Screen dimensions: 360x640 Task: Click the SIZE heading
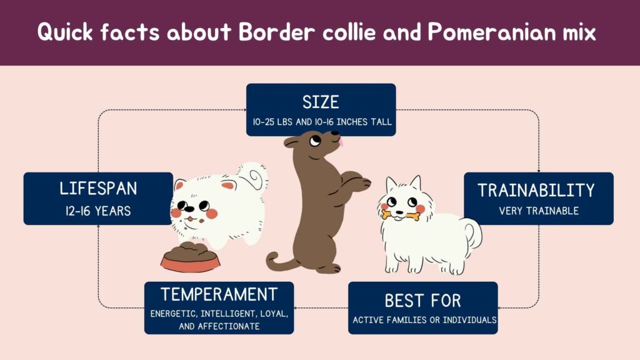point(321,101)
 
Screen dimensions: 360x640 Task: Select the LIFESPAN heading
point(98,189)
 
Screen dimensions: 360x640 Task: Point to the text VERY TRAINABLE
point(539,211)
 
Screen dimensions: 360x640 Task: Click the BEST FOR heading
point(422,301)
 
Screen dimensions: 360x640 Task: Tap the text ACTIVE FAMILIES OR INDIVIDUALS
point(424,320)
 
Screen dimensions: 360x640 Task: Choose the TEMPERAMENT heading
point(219,294)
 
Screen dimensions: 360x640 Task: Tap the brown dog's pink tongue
point(341,143)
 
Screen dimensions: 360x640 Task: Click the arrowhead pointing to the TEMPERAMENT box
point(297,307)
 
